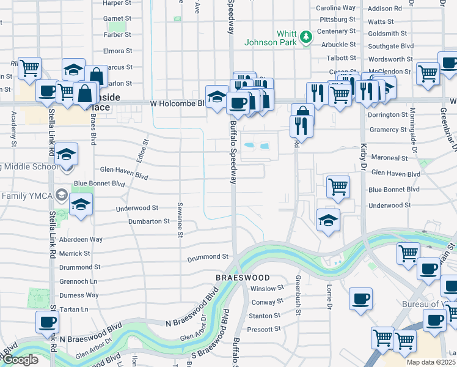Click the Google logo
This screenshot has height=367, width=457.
(x=20, y=360)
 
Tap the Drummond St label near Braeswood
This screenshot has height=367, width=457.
(x=208, y=257)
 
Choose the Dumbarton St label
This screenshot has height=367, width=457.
(x=149, y=221)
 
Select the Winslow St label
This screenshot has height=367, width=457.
(x=268, y=288)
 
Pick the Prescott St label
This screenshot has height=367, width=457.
(x=265, y=329)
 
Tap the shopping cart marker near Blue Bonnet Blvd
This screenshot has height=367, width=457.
(x=338, y=186)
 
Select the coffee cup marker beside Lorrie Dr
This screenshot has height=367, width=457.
(x=360, y=298)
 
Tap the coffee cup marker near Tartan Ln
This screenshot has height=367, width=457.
(x=47, y=321)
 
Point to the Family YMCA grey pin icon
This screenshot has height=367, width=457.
(x=61, y=195)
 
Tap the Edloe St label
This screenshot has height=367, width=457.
(x=145, y=149)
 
